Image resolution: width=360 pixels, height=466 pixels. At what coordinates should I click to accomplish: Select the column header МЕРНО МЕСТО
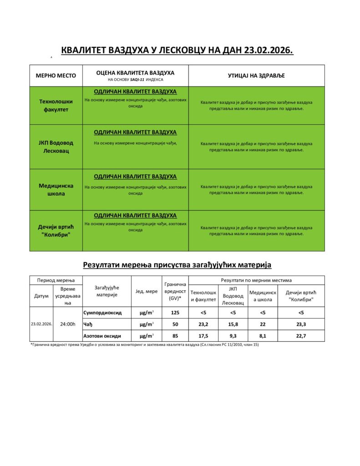pos(56,76)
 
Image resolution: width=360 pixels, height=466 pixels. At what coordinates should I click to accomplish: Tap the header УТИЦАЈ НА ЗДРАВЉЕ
pos(256,76)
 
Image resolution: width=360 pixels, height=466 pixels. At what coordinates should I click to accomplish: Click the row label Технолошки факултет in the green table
pos(56,106)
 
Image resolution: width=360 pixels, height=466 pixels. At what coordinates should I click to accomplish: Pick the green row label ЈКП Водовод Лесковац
pos(56,147)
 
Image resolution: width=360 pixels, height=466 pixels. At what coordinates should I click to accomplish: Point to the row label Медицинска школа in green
pos(56,189)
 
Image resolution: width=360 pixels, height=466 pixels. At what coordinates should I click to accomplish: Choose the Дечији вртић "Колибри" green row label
pos(56,231)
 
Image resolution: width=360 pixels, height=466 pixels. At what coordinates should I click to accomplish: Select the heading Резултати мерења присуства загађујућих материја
pos(177,264)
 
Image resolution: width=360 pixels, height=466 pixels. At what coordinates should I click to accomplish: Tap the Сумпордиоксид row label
pos(102,313)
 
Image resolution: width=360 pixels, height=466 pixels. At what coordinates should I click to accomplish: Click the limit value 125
pos(174,313)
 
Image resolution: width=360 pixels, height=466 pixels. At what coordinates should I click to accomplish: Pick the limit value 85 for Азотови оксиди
pos(174,336)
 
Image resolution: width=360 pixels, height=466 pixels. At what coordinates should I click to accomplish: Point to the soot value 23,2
pos(203,324)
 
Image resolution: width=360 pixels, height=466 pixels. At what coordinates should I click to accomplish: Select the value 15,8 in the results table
pos(233,324)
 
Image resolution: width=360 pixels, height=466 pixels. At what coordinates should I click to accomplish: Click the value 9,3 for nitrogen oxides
pos(233,336)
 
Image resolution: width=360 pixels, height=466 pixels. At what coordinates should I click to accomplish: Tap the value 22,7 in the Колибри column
pos(301,336)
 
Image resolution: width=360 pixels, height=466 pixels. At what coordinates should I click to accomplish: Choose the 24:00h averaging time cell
pos(68,324)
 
